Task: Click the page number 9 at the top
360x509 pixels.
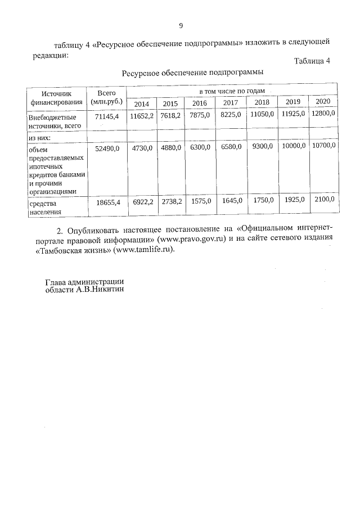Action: pyautogui.click(x=181, y=26)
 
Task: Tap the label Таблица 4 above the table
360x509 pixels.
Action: pyautogui.click(x=312, y=61)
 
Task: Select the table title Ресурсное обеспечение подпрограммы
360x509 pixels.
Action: pyautogui.click(x=192, y=73)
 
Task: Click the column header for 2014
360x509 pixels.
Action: pyautogui.click(x=141, y=103)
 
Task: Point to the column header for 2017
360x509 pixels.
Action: pyautogui.click(x=231, y=103)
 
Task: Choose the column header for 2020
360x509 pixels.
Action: pyautogui.click(x=322, y=101)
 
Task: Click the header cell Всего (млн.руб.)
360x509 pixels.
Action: pyautogui.click(x=106, y=98)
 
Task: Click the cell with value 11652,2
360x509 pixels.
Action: pyautogui.click(x=142, y=115)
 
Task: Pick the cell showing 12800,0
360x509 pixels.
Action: pyautogui.click(x=323, y=114)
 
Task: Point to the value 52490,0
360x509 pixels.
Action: pyautogui.click(x=107, y=148)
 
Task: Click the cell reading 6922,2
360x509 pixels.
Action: pyautogui.click(x=142, y=201)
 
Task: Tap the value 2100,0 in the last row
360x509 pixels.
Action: pyautogui.click(x=323, y=199)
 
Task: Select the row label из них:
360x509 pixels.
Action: pyautogui.click(x=40, y=138)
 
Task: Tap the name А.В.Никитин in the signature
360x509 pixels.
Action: pyautogui.click(x=100, y=290)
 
